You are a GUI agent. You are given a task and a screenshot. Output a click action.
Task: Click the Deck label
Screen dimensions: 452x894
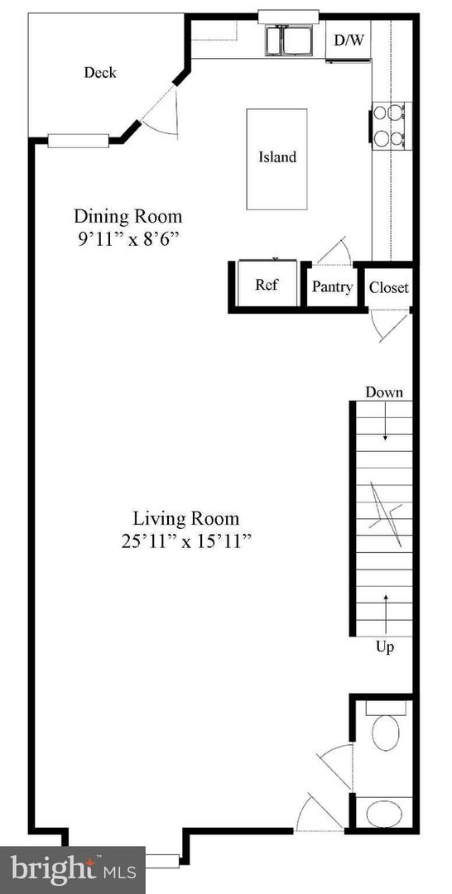(100, 72)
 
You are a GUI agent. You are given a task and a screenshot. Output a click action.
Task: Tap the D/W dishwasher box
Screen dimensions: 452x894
(349, 40)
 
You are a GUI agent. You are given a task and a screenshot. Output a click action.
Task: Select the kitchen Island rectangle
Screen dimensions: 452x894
(276, 158)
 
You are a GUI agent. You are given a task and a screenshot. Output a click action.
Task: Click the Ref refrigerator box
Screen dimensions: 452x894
(267, 285)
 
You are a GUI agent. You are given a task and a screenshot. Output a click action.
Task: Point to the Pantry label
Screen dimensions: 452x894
(332, 286)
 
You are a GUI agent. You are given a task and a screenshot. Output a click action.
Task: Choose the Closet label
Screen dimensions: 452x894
(389, 287)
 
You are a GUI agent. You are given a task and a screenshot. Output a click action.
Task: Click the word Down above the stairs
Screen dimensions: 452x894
(384, 392)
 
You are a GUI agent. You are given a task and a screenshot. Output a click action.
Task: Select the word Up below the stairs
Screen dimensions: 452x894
(385, 647)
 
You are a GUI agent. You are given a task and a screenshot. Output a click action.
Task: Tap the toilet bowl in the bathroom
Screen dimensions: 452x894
(386, 733)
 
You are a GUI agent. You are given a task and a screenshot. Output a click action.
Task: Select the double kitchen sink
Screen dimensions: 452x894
(288, 41)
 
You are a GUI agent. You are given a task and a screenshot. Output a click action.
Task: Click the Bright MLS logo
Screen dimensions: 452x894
(72, 870)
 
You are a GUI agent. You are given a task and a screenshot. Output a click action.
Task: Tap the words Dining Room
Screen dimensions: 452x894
(128, 217)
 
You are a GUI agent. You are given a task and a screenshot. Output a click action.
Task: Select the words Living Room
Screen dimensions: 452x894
(186, 519)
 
